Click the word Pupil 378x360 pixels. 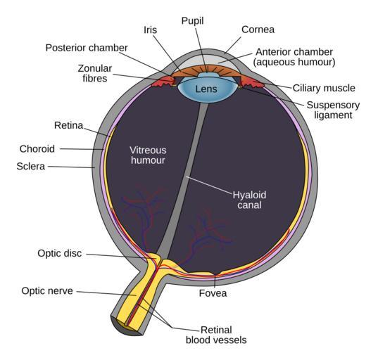[x=192, y=21]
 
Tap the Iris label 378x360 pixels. [x=150, y=30]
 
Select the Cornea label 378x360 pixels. [x=258, y=30]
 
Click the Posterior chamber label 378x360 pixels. [x=87, y=48]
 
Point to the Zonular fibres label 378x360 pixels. [x=95, y=73]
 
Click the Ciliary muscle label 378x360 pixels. [x=324, y=88]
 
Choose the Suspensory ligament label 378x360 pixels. [x=333, y=110]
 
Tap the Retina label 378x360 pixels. [x=69, y=125]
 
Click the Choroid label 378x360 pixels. [x=37, y=149]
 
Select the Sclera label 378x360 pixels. [x=31, y=167]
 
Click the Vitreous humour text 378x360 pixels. [x=148, y=155]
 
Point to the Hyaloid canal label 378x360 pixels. [x=249, y=200]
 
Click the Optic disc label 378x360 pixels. [x=60, y=253]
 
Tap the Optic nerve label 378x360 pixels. [x=47, y=291]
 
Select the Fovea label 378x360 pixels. [x=213, y=293]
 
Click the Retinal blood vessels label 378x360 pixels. [x=216, y=335]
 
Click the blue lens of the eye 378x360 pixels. [x=207, y=88]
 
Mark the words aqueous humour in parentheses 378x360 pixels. [x=294, y=62]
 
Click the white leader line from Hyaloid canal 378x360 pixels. [x=209, y=185]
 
